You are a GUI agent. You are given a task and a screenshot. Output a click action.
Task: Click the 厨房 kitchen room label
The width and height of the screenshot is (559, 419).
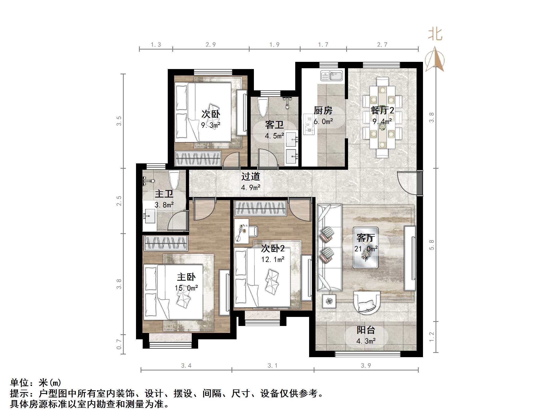(x=323, y=110)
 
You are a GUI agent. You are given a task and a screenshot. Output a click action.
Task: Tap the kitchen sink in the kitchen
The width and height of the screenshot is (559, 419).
(x=332, y=76)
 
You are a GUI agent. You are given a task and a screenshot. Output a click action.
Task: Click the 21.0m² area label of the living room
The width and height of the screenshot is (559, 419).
(x=366, y=249)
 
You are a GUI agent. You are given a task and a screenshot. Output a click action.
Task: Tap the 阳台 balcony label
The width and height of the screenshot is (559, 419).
(x=366, y=330)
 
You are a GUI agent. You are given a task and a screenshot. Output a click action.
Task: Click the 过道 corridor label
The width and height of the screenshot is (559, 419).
(x=250, y=176)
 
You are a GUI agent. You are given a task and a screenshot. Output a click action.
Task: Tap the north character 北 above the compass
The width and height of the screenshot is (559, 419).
(x=435, y=35)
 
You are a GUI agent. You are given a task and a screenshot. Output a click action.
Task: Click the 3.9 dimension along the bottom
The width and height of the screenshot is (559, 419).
(x=366, y=365)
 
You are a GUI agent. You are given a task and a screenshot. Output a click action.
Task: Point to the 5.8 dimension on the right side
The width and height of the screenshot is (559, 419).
(x=431, y=245)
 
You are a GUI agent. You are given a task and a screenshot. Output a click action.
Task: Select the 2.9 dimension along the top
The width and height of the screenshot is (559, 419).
(x=210, y=45)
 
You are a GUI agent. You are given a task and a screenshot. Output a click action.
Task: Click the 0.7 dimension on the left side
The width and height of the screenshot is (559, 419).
(x=119, y=344)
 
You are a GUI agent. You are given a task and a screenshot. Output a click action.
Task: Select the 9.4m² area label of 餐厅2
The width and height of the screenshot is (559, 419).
(x=382, y=122)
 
